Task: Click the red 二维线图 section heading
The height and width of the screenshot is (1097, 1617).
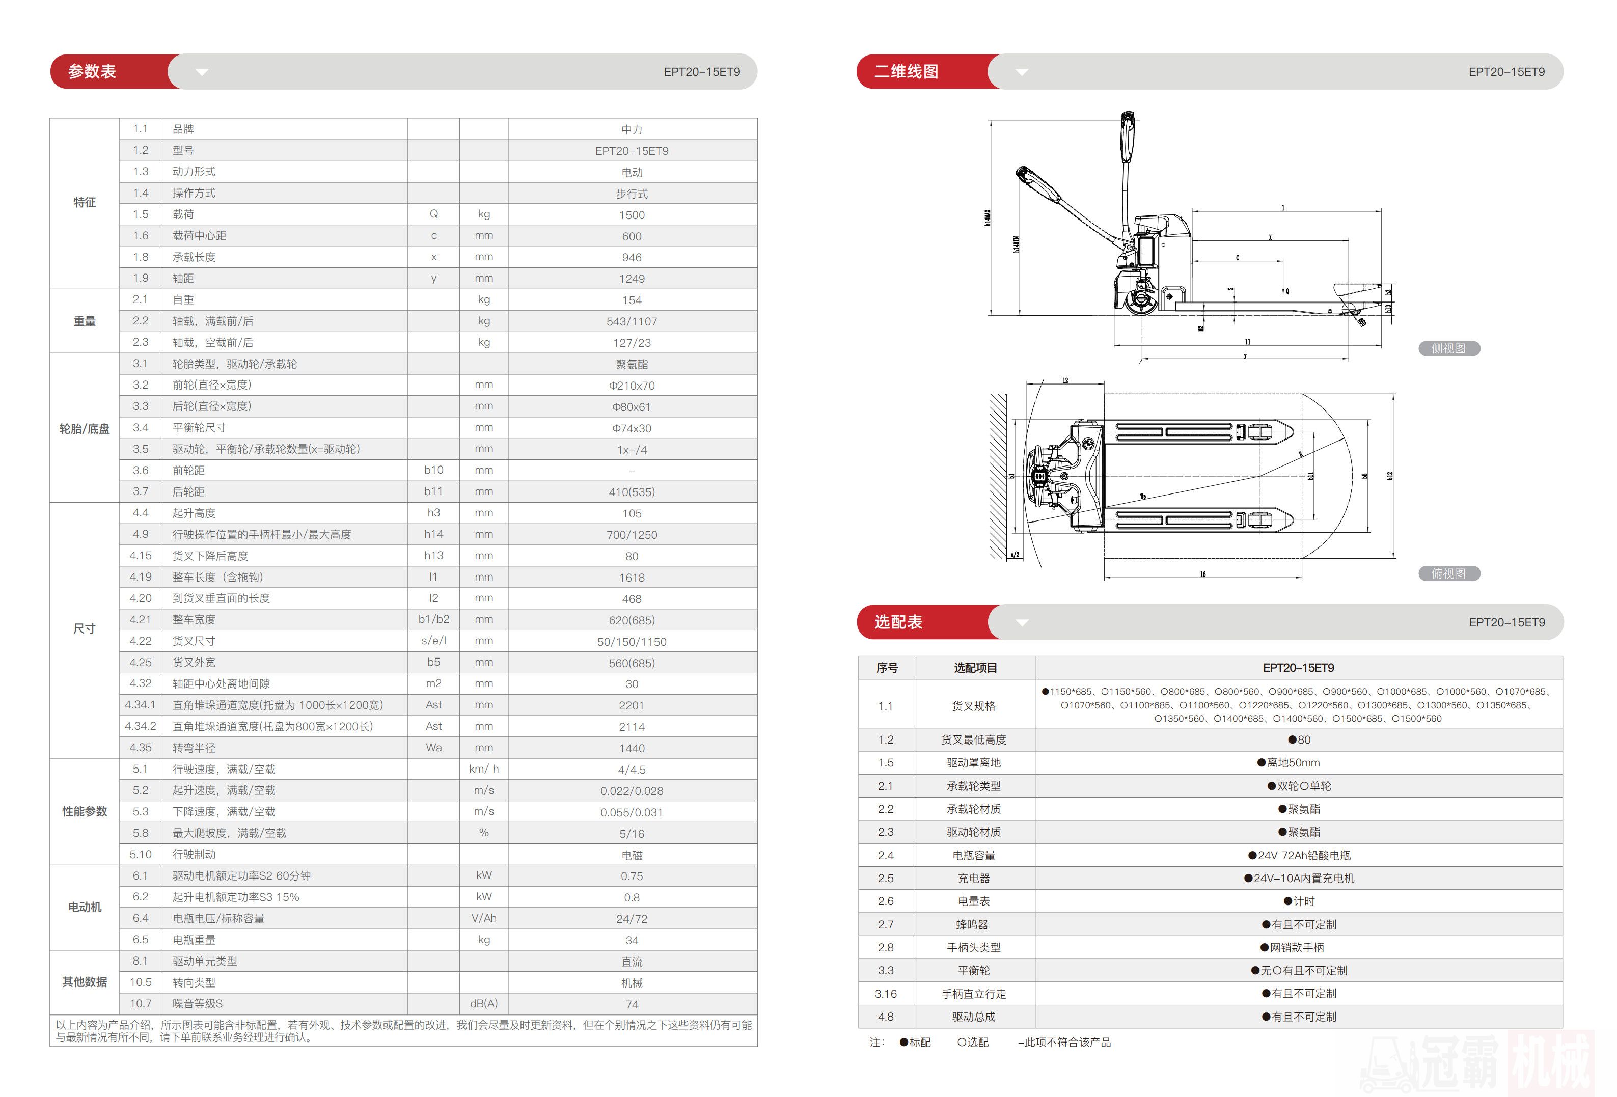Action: (906, 71)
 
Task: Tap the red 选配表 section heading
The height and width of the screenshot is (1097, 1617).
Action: (898, 622)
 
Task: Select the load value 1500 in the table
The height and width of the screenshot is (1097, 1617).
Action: (632, 215)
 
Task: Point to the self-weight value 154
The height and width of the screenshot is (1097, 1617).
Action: (632, 300)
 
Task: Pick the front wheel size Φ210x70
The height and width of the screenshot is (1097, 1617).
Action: (632, 386)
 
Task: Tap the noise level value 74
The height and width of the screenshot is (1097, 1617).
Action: (632, 1004)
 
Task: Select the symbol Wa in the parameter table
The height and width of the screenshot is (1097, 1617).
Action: (433, 748)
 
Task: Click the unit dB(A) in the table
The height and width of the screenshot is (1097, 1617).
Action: (483, 1004)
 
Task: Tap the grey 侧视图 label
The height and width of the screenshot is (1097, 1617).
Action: (1448, 348)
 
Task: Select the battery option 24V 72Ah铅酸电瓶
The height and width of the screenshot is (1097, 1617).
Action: (1299, 856)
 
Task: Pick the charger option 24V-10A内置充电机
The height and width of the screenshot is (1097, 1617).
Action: (1299, 879)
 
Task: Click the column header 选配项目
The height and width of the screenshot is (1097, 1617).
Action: (975, 668)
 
